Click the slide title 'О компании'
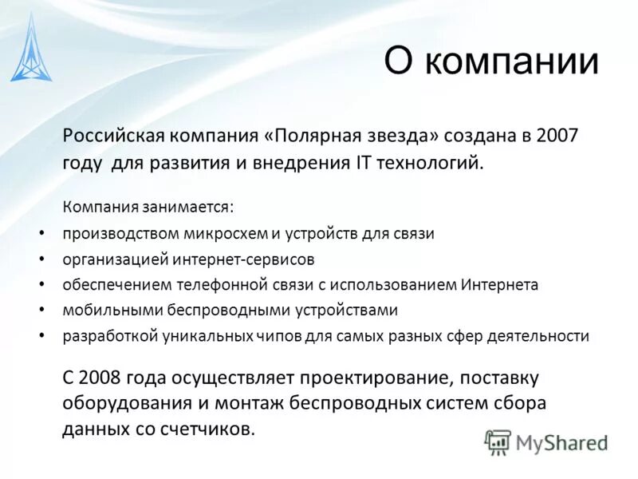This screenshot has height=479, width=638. point(491,61)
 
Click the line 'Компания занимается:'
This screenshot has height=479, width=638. point(148,207)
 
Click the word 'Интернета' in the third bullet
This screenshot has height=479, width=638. point(499,285)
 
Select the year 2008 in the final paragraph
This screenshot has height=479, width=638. point(99,375)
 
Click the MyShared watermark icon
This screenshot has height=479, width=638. point(498,441)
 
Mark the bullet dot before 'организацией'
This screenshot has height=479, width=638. point(42,259)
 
